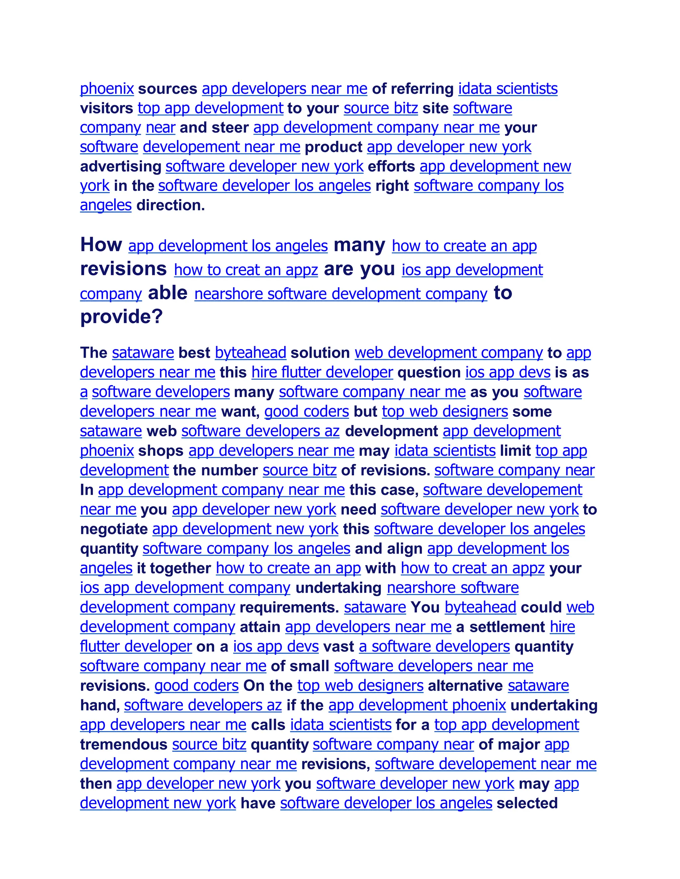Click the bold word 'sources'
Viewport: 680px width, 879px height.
pos(168,89)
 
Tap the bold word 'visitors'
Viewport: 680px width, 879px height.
pos(106,108)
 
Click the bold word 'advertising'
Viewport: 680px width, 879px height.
pos(121,166)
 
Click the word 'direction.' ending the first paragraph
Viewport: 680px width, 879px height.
pos(170,205)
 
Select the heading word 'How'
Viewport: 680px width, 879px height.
pos(101,245)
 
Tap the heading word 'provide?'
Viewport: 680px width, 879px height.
pos(121,316)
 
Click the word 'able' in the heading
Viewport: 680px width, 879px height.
pos(168,293)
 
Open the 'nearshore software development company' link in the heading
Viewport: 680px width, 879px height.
pos(341,294)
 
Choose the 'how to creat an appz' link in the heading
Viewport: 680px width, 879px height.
pos(246,270)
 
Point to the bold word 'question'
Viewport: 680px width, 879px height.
pos(429,373)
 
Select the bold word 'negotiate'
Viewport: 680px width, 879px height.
pos(114,529)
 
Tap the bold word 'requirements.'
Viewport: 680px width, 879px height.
pos(289,607)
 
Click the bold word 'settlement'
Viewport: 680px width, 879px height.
pos(507,627)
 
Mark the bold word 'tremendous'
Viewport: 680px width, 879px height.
pos(124,745)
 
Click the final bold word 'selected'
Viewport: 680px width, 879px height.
pos(527,803)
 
